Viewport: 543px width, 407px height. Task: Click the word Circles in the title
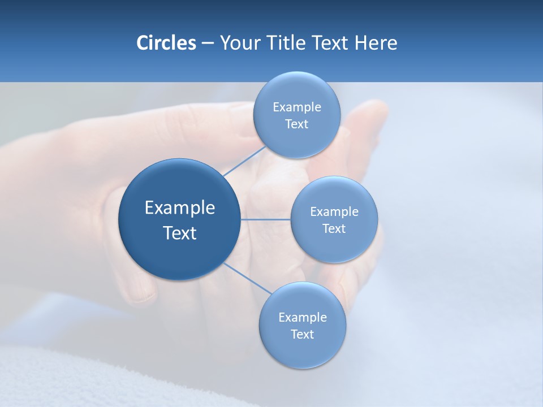[166, 43]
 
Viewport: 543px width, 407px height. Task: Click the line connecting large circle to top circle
[244, 161]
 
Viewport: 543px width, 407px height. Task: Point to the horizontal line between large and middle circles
[265, 219]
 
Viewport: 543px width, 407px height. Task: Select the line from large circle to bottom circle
[247, 279]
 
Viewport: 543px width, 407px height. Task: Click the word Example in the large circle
[180, 208]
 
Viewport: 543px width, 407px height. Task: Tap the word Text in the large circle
[180, 233]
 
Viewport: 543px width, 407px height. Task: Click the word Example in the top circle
[297, 107]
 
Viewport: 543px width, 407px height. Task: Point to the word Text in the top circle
[296, 124]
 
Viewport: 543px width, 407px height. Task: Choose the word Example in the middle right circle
[334, 212]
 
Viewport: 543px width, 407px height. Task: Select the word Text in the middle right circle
[334, 229]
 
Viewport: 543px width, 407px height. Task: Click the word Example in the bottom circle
[303, 318]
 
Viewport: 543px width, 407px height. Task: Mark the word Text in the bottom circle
[302, 335]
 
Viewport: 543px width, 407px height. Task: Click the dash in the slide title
[208, 43]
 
